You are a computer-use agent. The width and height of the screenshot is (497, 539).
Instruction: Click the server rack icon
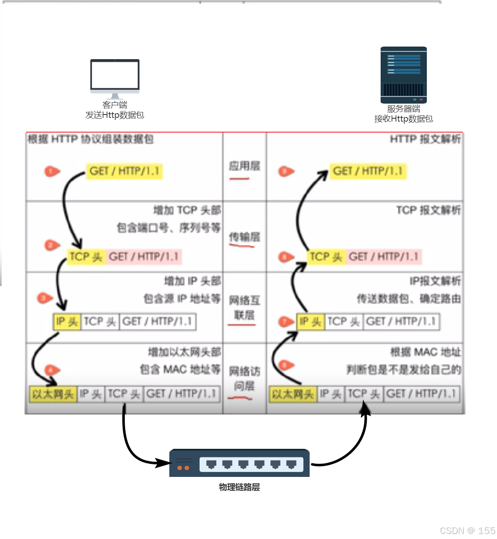pos(403,75)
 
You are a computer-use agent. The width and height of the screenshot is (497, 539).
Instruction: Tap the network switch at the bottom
pos(239,463)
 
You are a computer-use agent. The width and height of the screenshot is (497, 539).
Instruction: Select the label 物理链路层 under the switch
pos(239,487)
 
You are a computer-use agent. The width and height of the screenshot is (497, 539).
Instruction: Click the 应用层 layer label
pos(244,166)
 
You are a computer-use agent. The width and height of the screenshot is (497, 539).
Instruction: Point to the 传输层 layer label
pos(244,237)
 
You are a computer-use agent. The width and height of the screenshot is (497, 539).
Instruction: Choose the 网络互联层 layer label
pos(244,307)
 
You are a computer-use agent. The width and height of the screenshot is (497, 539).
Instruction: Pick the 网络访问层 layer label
pos(244,378)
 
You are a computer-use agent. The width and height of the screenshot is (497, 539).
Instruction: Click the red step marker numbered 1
pos(52,171)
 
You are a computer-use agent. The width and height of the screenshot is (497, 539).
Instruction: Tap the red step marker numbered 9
pos(286,171)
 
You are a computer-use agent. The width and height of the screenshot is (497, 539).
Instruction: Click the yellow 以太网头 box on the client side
pos(53,394)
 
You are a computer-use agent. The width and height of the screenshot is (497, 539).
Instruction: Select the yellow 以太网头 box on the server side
pos(292,394)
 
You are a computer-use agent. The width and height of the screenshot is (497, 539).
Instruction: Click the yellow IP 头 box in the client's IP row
pos(67,322)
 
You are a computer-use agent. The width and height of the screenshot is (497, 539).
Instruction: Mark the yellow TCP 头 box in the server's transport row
pos(326,256)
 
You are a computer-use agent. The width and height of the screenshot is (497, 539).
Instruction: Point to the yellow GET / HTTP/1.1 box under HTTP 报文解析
pos(368,171)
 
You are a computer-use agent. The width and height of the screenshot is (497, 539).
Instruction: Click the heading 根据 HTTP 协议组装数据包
pos(90,139)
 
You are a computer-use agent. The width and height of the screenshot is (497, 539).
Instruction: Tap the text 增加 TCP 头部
pos(187,210)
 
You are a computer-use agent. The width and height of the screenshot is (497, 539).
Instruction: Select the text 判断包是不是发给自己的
pos(403,370)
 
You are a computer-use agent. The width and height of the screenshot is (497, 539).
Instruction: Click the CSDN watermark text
pos(467,531)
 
